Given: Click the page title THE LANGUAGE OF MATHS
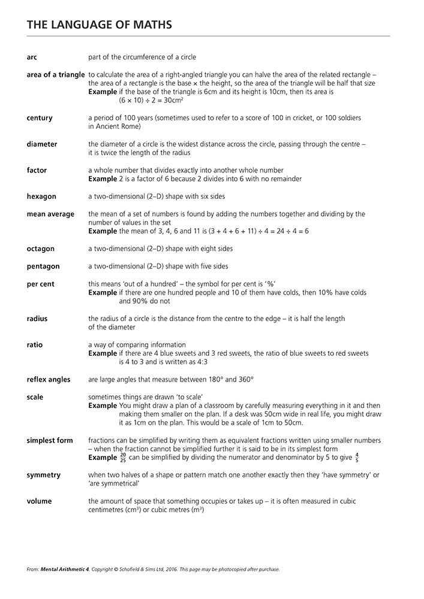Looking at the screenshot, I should pyautogui.click(x=99, y=25).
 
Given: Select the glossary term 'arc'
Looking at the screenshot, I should pyautogui.click(x=32, y=58).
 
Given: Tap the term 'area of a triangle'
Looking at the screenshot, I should pyautogui.click(x=56, y=75).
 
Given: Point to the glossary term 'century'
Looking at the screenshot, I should pyautogui.click(x=40, y=118).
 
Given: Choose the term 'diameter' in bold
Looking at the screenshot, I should pyautogui.click(x=42, y=144).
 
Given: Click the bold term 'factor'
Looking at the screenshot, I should pyautogui.click(x=37, y=171).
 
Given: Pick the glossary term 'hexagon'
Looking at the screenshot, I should pyautogui.click(x=41, y=196).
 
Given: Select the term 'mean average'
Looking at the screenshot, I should pyautogui.click(x=50, y=214).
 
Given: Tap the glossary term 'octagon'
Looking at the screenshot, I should pyautogui.click(x=40, y=249).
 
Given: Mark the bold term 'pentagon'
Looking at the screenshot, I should pyautogui.click(x=43, y=267).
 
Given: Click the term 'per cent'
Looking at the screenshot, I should pyautogui.click(x=40, y=284).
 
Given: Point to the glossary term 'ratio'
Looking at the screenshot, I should pyautogui.click(x=35, y=345).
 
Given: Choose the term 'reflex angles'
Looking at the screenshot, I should pyautogui.click(x=49, y=380).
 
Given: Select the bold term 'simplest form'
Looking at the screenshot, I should pyautogui.click(x=50, y=440).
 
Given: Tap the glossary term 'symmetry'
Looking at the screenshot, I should pyautogui.click(x=43, y=475).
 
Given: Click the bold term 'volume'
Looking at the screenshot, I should pyautogui.click(x=39, y=501).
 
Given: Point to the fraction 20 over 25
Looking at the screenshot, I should pyautogui.click(x=123, y=458).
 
